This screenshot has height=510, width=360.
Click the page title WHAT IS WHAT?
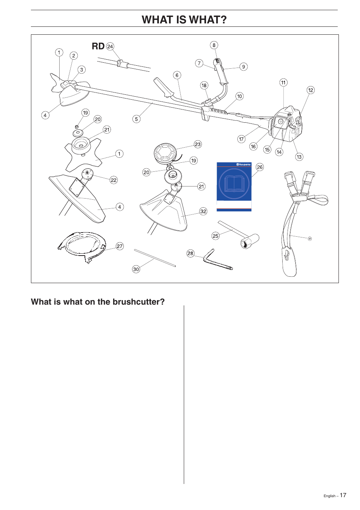pos(184,20)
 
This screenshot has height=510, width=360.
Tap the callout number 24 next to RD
pos(110,46)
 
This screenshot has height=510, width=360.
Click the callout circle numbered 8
pos(214,45)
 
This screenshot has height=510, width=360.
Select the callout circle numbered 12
pos(311,90)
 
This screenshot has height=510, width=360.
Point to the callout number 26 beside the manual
pos(260,167)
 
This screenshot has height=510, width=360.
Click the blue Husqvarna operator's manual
pos(234,186)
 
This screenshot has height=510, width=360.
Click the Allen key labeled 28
pos(217,261)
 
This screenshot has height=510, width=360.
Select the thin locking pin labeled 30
pos(155,258)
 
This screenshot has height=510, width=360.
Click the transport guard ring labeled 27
pos(81,247)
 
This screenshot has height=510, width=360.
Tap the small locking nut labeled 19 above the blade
pos(77,127)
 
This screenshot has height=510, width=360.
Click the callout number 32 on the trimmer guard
pos(203,211)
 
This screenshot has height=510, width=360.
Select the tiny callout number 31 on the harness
pos(309,239)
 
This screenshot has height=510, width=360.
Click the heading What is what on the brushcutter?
pos(98,302)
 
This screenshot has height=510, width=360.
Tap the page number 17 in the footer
pos(343,495)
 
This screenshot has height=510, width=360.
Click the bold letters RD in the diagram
pos(98,46)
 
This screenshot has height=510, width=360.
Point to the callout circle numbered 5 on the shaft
pos(137,119)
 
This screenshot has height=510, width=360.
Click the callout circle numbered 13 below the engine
pos(299,157)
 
